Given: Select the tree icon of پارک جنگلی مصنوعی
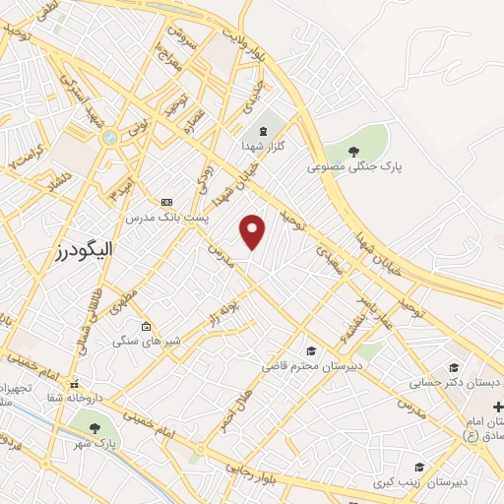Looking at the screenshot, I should coord(353,151).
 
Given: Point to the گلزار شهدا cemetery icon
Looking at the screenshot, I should coord(262,130).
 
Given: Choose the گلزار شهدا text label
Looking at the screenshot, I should coord(263,146).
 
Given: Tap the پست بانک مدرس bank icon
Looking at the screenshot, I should coord(166,201).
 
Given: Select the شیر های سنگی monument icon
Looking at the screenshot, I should coord(147,327).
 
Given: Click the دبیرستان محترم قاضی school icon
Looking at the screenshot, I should coord(311,350).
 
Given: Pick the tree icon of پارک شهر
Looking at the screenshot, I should coord(94,428).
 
